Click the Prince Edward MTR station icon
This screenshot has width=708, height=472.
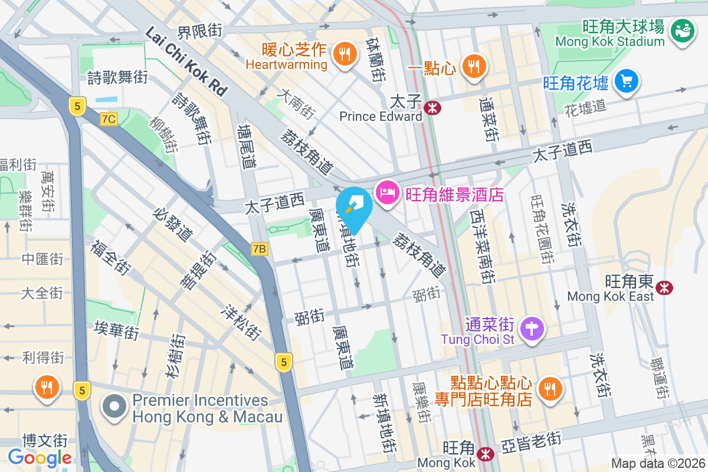(x=432, y=107)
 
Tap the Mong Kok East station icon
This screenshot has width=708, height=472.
(x=665, y=287)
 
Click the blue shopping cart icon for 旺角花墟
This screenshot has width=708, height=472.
(x=626, y=81)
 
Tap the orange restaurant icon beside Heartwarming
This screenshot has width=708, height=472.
(x=343, y=54)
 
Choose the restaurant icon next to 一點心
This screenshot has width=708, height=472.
(x=473, y=65)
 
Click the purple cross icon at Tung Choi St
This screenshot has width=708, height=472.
(x=532, y=329)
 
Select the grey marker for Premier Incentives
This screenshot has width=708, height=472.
(x=114, y=408)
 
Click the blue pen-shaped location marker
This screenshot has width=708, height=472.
(x=354, y=208)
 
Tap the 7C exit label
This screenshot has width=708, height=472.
(x=109, y=119)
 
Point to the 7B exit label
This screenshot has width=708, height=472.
(x=259, y=249)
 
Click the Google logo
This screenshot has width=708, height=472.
(x=40, y=457)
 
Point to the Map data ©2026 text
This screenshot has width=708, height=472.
(x=657, y=464)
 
